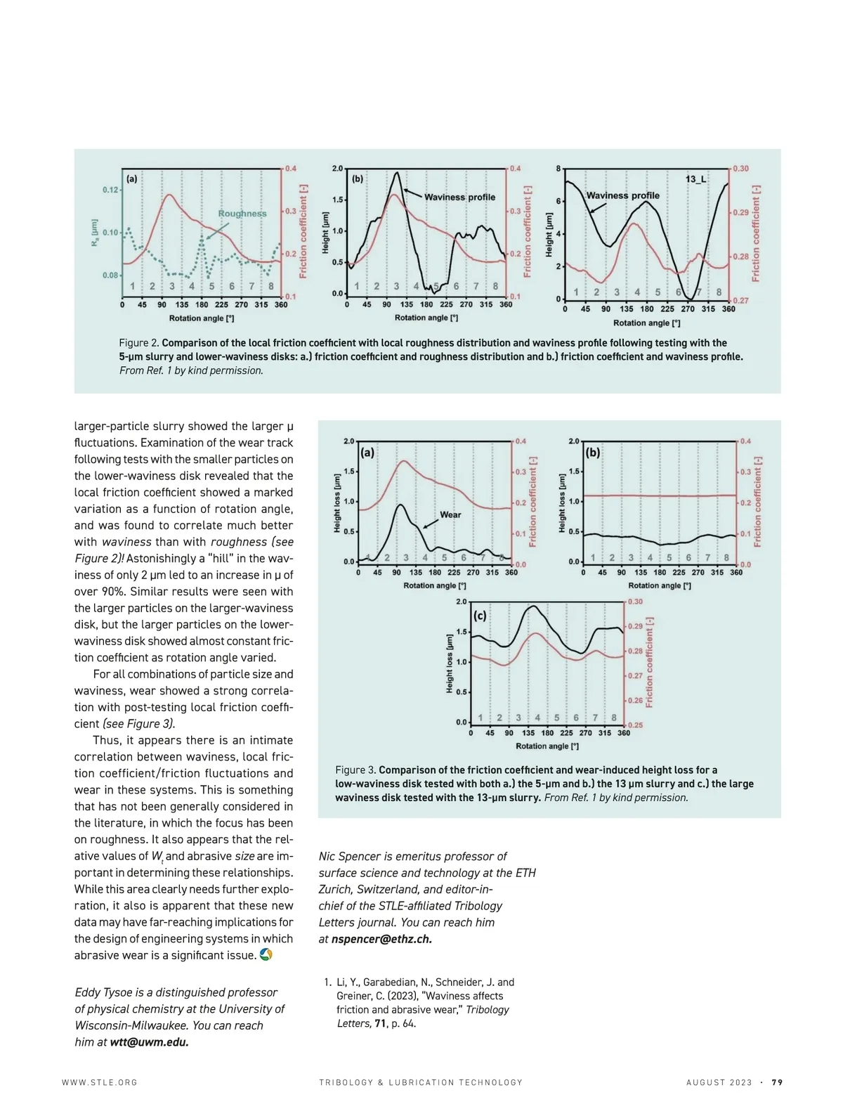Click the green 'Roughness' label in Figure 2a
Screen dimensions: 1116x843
click(242, 214)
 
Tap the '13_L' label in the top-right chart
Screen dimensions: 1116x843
click(695, 179)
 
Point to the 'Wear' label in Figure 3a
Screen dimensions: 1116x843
click(450, 514)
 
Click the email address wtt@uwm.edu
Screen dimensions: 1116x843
click(149, 1042)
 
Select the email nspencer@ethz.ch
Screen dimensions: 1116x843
click(381, 939)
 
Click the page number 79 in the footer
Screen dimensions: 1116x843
click(777, 1082)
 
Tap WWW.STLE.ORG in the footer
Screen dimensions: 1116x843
click(100, 1082)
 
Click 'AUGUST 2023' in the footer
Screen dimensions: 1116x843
click(719, 1082)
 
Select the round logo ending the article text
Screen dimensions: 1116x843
click(266, 954)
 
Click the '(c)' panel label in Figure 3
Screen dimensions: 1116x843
click(480, 616)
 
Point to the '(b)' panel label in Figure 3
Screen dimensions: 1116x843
click(592, 453)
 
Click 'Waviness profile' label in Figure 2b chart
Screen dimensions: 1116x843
click(459, 197)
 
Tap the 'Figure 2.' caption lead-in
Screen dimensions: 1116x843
click(139, 343)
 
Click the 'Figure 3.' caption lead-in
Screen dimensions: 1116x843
click(355, 770)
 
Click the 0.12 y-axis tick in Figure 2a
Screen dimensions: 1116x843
click(110, 190)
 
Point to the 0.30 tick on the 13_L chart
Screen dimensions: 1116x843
click(740, 169)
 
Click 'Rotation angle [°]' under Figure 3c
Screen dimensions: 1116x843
click(547, 746)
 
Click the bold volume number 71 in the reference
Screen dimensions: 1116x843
click(380, 1023)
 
